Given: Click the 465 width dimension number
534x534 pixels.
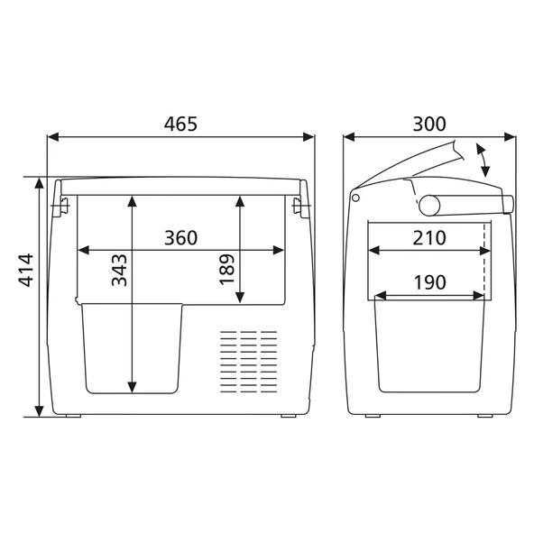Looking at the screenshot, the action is pyautogui.click(x=180, y=124).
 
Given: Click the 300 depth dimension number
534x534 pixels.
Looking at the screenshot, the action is pyautogui.click(x=429, y=124).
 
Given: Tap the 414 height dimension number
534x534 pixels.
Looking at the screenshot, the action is pyautogui.click(x=26, y=270).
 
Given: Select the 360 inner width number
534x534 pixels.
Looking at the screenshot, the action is pyautogui.click(x=180, y=238).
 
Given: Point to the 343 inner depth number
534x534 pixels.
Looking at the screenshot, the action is pyautogui.click(x=119, y=270).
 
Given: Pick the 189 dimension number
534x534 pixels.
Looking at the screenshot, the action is pyautogui.click(x=226, y=269).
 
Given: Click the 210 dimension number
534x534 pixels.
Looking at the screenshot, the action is pyautogui.click(x=429, y=238).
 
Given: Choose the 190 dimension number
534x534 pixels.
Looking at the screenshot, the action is pyautogui.click(x=429, y=282).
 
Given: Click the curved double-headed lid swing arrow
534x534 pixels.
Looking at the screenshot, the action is pyautogui.click(x=483, y=160).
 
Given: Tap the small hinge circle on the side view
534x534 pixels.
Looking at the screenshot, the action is pyautogui.click(x=355, y=198).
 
